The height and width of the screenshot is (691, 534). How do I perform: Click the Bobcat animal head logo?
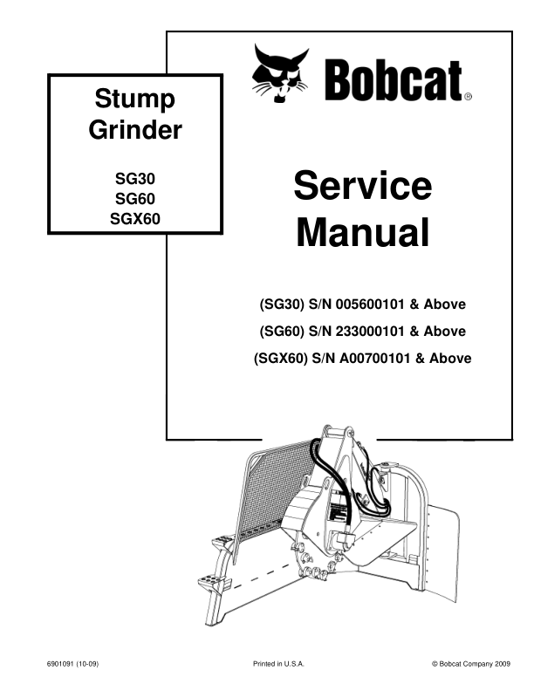pyautogui.click(x=280, y=73)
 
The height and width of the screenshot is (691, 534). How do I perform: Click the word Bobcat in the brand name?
pyautogui.click(x=394, y=80)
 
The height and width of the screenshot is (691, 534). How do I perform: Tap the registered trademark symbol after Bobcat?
pyautogui.click(x=468, y=97)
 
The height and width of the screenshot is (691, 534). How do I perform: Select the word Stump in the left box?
pyautogui.click(x=135, y=99)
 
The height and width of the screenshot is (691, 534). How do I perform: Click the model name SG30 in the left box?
pyautogui.click(x=135, y=179)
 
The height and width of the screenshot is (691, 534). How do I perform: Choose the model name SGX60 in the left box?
pyautogui.click(x=135, y=219)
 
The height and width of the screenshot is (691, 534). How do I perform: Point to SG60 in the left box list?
pyautogui.click(x=135, y=199)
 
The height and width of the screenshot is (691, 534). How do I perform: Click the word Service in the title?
pyautogui.click(x=363, y=186)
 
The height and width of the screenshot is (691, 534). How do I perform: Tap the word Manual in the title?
pyautogui.click(x=363, y=232)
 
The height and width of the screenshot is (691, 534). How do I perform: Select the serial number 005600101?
pyautogui.click(x=370, y=304)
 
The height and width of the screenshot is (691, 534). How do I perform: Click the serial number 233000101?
pyautogui.click(x=370, y=331)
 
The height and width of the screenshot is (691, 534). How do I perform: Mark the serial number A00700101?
pyautogui.click(x=374, y=358)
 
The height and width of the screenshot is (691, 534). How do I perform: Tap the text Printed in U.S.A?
pyautogui.click(x=278, y=664)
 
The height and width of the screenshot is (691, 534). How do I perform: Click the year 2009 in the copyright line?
pyautogui.click(x=503, y=664)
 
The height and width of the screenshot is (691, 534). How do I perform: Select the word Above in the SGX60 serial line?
pyautogui.click(x=450, y=358)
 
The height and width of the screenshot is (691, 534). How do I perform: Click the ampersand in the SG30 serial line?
pyautogui.click(x=414, y=304)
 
